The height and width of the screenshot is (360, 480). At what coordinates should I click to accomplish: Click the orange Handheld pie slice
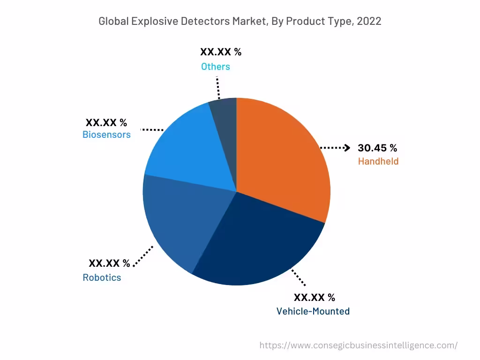click(281, 159)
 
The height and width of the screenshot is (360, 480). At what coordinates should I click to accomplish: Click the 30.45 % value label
click(377, 148)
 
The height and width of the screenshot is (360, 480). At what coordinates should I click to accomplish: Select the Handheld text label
click(378, 161)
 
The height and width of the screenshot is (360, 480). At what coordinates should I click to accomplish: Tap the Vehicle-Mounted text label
click(313, 311)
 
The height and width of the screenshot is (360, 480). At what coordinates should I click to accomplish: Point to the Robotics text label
click(102, 277)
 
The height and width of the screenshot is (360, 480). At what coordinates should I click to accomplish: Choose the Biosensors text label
click(106, 135)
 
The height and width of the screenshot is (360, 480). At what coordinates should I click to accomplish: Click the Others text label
click(216, 67)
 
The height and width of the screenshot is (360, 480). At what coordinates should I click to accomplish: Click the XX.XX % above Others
click(220, 52)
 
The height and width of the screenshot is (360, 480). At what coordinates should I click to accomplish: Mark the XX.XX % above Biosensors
click(106, 123)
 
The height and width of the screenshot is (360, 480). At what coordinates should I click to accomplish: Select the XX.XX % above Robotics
click(109, 263)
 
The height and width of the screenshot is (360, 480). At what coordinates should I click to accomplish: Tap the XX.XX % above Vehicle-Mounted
click(314, 297)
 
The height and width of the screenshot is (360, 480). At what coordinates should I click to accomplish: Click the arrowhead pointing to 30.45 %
click(347, 148)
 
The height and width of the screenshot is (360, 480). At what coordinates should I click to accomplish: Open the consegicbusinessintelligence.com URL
click(358, 345)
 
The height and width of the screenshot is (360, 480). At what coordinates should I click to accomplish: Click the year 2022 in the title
click(369, 21)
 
